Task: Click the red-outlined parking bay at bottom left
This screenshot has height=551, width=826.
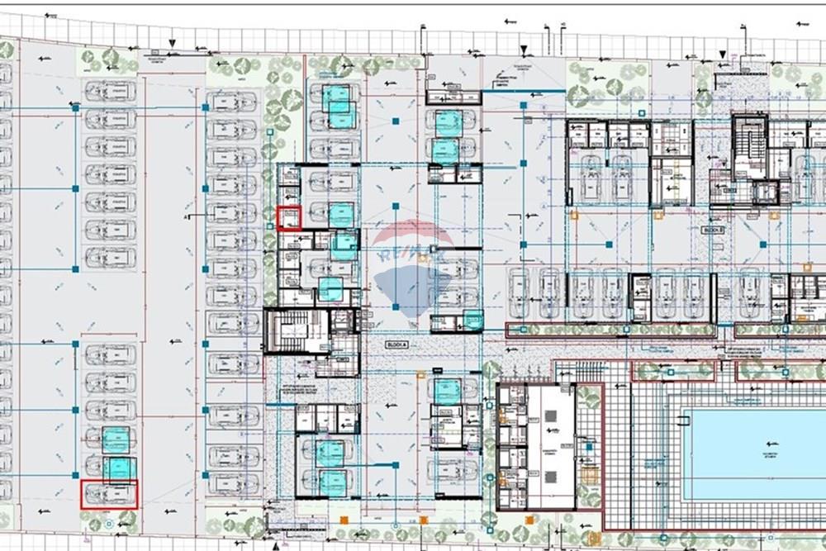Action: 109,494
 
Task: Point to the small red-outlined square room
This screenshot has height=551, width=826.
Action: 288,218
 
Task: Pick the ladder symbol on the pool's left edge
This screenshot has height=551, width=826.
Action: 682,421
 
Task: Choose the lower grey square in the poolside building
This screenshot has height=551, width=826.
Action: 551,477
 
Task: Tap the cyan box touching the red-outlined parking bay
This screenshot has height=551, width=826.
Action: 119,468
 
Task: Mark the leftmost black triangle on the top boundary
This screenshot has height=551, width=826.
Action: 173,43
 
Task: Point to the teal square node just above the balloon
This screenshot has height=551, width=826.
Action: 396,205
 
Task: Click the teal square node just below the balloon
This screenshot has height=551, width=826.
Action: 396,307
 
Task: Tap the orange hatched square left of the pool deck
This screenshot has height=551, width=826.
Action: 589,476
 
